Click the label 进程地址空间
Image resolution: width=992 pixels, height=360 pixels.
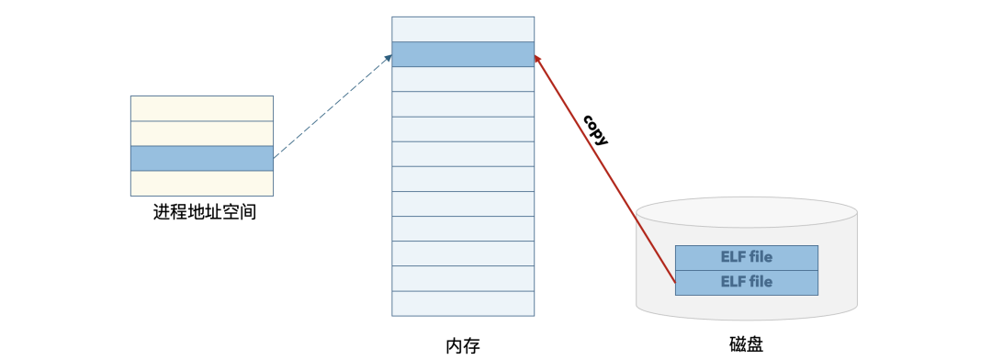[x=203, y=214]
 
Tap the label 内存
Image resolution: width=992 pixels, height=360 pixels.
[x=463, y=345]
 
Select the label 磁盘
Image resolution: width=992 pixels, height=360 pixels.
[x=745, y=344]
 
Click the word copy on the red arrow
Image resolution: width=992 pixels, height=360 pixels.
[x=595, y=130]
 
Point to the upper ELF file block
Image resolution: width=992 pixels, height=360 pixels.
[x=746, y=257]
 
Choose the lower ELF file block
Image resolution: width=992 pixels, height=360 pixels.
[x=746, y=282]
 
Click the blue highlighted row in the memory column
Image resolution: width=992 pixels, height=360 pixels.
[x=463, y=54]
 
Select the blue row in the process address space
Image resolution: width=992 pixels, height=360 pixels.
[x=202, y=158]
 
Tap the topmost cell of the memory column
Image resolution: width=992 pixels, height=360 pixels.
[x=463, y=28]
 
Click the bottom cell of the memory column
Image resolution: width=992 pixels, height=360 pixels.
[x=463, y=303]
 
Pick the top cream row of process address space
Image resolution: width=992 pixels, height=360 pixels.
[x=202, y=107]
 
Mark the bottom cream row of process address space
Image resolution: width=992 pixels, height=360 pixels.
[x=202, y=183]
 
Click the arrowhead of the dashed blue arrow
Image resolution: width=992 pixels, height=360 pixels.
[x=389, y=58]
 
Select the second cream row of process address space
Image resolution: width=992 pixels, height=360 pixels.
[x=202, y=133]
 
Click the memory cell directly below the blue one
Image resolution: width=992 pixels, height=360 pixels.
[x=463, y=79]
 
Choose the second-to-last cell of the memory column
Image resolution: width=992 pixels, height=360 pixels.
[x=463, y=278]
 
